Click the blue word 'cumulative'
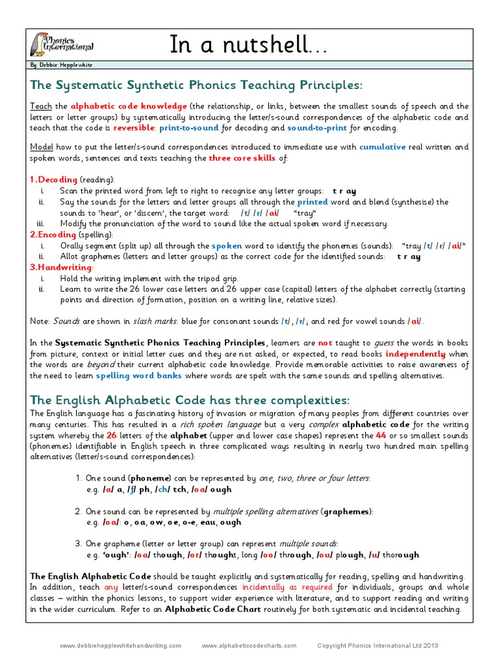[x=382, y=147]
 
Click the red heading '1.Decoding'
[x=54, y=179]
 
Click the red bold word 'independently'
[x=415, y=354]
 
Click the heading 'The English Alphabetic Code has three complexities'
[x=181, y=399]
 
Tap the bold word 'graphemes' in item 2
[x=348, y=511]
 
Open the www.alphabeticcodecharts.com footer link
[x=249, y=646]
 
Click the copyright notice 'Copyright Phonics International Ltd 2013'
[x=377, y=646]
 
